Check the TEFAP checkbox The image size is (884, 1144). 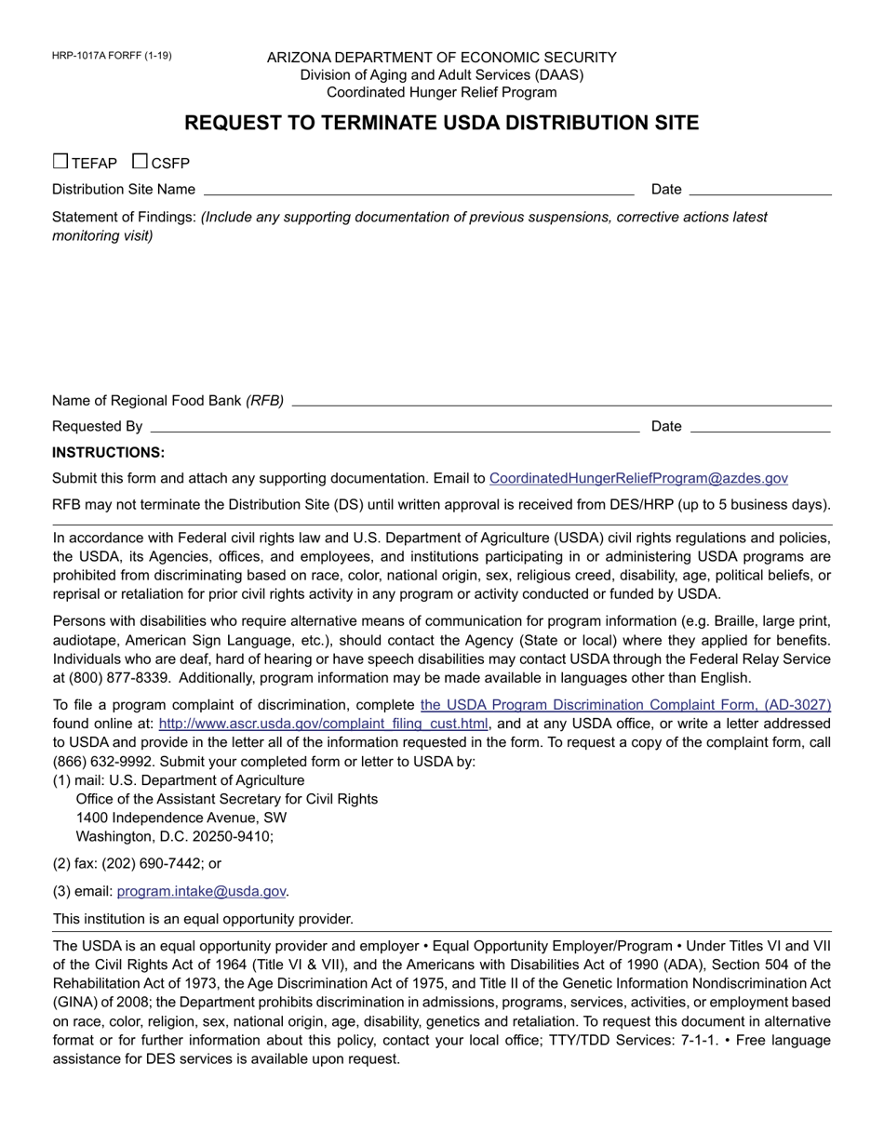click(x=60, y=161)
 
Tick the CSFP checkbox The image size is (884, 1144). click(x=141, y=161)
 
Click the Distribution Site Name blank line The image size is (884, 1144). click(x=418, y=189)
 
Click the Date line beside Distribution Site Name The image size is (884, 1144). click(x=760, y=189)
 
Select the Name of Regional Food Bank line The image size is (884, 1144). click(x=561, y=400)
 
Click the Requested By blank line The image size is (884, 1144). click(x=394, y=426)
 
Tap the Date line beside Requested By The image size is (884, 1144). click(x=760, y=426)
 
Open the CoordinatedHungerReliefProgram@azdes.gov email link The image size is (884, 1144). click(x=638, y=478)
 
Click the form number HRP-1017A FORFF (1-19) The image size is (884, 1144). click(x=112, y=56)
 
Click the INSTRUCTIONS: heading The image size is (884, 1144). click(x=108, y=453)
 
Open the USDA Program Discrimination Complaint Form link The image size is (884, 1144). click(x=625, y=705)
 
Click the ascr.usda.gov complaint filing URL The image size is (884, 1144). click(x=324, y=724)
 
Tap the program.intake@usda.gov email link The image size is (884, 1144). click(x=201, y=891)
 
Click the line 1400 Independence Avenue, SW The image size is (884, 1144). click(x=181, y=818)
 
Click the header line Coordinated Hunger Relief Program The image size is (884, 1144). click(x=442, y=92)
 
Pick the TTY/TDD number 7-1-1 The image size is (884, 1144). click(x=699, y=1040)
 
